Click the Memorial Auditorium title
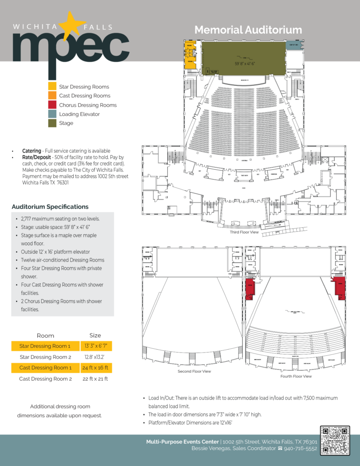pos(248,30)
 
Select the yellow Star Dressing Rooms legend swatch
pos(52,87)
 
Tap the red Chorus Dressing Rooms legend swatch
pos(52,105)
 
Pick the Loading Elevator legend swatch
pos(52,114)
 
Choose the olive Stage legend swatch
pos(52,123)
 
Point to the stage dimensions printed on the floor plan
pos(244,63)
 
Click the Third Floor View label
pos(244,233)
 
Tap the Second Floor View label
pos(194,371)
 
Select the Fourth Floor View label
pos(296,376)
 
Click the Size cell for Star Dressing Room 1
pos(95,346)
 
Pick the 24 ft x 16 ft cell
pos(95,368)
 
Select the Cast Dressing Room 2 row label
pos(45,379)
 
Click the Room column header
pos(45,335)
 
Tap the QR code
pos(336,440)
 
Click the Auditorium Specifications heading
pos(50,206)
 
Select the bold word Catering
pos(31,151)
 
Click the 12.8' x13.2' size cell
pos(95,357)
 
